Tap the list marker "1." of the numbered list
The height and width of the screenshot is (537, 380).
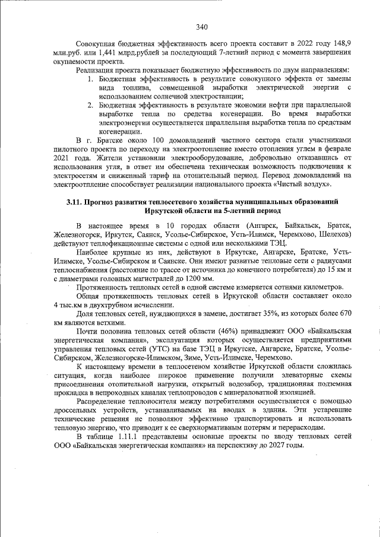[x=91, y=79]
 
